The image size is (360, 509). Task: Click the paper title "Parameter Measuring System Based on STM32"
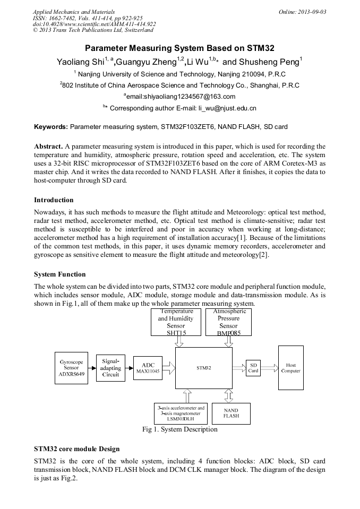point(179,48)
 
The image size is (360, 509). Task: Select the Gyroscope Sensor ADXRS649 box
point(71,367)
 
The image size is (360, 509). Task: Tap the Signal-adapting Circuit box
point(110,367)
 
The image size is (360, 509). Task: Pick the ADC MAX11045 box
point(148,367)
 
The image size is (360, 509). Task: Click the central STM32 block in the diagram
point(204,367)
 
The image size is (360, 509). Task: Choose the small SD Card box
point(253,368)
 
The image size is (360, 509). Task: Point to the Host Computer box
point(291,368)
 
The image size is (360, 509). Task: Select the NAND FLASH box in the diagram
point(231,413)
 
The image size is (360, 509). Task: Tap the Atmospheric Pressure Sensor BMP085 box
point(228,322)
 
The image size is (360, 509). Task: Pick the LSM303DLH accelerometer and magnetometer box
point(180,413)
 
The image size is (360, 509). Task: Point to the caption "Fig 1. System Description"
point(180,429)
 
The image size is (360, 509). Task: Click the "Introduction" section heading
point(54,200)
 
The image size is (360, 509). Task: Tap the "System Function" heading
point(59,274)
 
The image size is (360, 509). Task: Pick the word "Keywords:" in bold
point(51,127)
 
